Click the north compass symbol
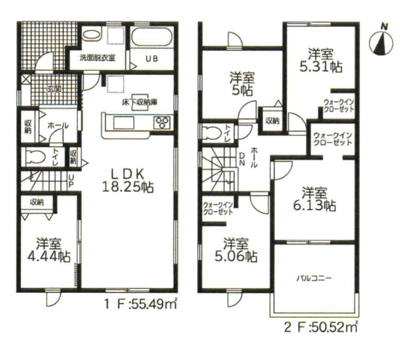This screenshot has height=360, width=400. (x=381, y=42)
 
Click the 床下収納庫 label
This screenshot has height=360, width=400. (x=139, y=103)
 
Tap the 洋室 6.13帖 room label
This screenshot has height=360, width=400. (x=314, y=199)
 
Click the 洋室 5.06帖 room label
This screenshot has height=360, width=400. (x=236, y=250)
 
